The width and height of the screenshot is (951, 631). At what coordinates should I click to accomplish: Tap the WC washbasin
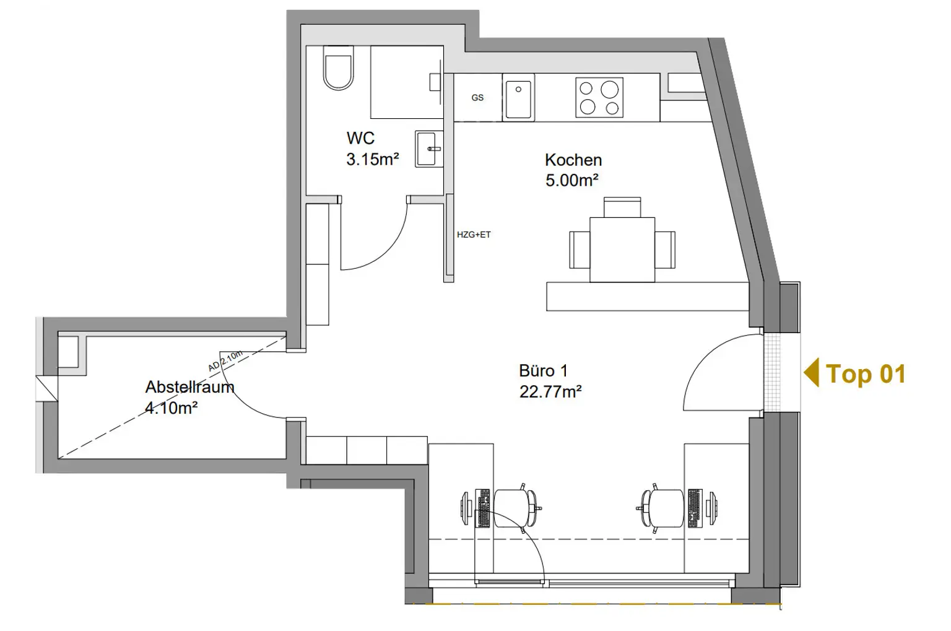click(429, 149)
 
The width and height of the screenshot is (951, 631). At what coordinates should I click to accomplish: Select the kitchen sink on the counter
click(518, 98)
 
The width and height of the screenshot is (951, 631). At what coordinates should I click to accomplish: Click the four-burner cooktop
click(599, 97)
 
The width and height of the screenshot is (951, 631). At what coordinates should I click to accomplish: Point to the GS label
click(477, 98)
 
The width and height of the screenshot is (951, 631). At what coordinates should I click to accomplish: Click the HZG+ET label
click(474, 235)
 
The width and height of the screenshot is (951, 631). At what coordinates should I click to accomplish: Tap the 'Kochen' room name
click(573, 160)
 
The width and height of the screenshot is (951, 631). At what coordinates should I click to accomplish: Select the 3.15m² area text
click(372, 159)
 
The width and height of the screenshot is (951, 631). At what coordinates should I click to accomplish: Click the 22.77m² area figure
click(550, 391)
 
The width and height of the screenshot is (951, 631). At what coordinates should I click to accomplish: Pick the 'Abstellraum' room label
click(190, 387)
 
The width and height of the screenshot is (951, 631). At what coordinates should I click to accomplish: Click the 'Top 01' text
click(866, 374)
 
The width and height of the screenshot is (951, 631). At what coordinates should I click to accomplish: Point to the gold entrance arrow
click(811, 372)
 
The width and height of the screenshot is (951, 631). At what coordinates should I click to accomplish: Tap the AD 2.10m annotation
click(225, 361)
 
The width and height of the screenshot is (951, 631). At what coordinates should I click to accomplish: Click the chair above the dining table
click(622, 207)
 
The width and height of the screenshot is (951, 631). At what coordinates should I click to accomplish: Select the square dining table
click(622, 250)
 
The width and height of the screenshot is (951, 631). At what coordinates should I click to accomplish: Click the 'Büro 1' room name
click(543, 371)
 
